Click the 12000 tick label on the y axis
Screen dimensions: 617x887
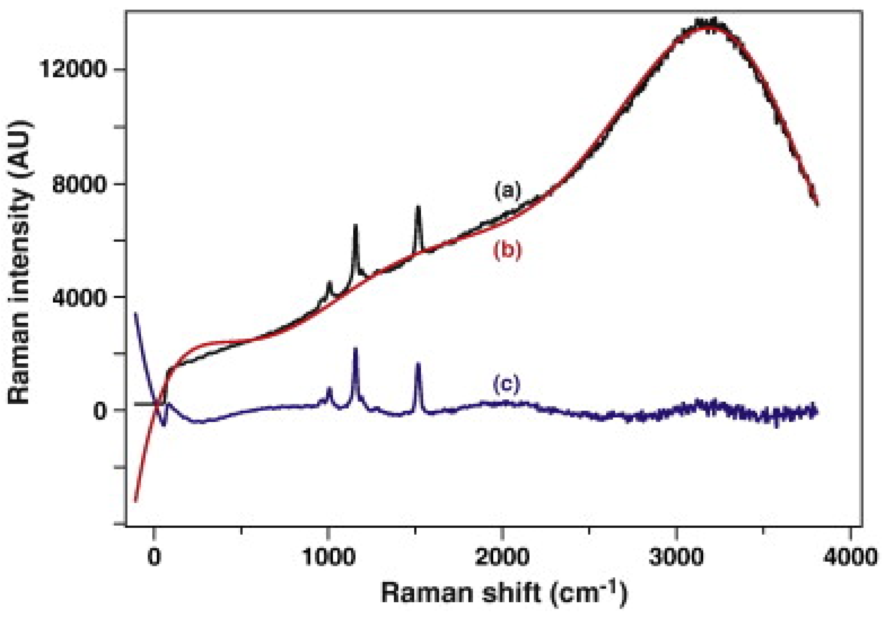click(x=73, y=70)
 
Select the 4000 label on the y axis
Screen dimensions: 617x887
click(x=79, y=297)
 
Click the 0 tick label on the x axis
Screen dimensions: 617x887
click(x=154, y=557)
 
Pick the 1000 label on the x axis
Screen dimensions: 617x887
click(x=328, y=557)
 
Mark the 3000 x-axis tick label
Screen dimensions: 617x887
click(x=676, y=557)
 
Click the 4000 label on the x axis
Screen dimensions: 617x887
click(x=850, y=557)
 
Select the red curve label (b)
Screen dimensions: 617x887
click(x=507, y=250)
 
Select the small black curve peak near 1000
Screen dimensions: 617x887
click(x=329, y=282)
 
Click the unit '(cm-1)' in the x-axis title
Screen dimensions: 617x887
click(x=588, y=593)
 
